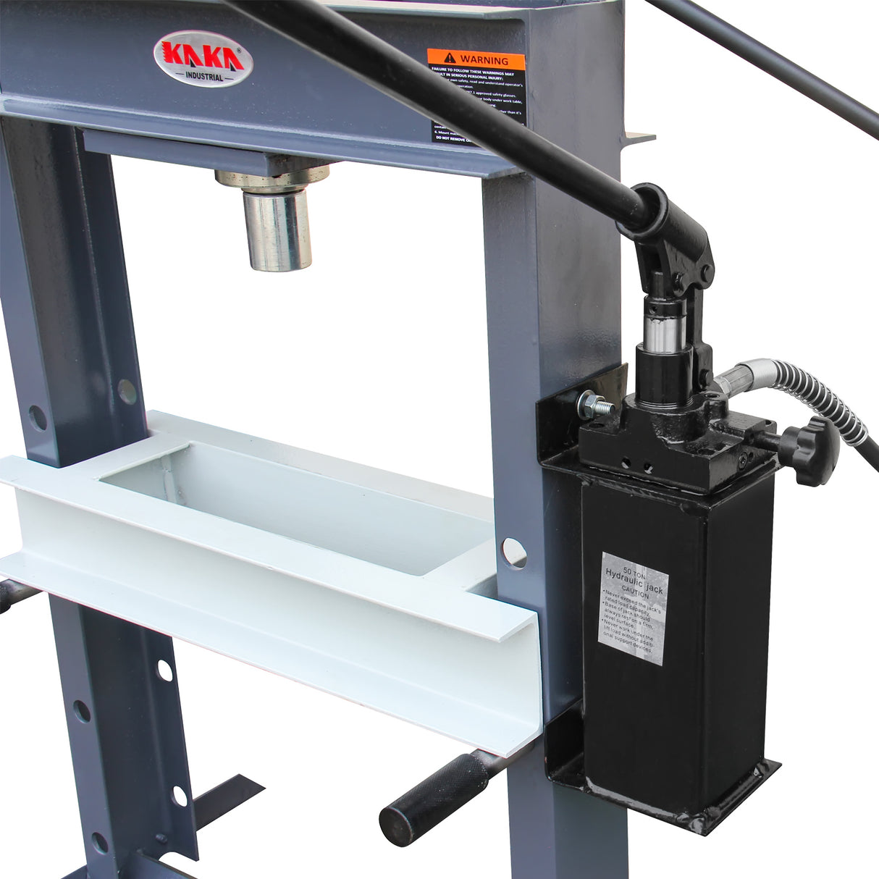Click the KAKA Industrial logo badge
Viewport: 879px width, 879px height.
(x=203, y=59)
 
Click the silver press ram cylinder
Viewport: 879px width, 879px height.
(x=277, y=229)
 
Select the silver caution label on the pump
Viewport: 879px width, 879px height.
(x=633, y=607)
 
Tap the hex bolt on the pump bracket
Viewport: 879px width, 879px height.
(x=594, y=403)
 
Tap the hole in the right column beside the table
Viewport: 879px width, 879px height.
(x=515, y=552)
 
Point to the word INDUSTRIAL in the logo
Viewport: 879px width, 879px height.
(x=203, y=75)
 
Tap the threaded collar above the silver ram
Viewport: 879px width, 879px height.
(x=272, y=177)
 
